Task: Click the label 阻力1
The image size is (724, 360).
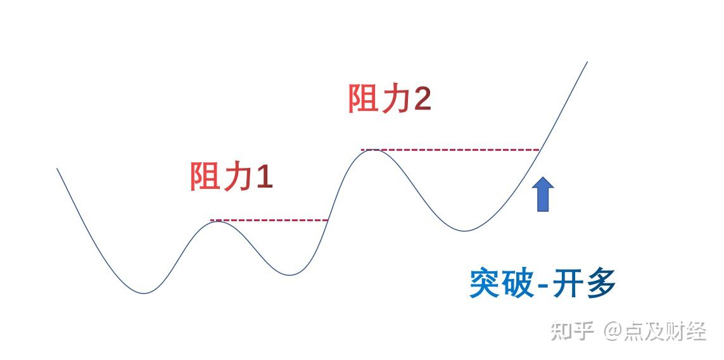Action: point(231,176)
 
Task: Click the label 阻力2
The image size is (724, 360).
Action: point(390,99)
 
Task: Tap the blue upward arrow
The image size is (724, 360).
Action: point(543,193)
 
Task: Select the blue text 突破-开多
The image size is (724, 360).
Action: point(542,283)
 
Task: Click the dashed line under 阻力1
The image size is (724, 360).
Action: point(269,221)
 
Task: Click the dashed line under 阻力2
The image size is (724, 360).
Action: point(450,150)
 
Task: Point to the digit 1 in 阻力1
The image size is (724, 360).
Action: point(265,177)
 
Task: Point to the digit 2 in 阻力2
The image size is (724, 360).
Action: point(423,100)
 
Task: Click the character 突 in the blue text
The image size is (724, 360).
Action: point(485,283)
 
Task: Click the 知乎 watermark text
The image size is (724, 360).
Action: point(572,331)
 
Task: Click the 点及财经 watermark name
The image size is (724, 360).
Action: point(664,331)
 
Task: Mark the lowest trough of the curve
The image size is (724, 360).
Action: point(144,293)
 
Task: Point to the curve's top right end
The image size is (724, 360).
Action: point(587,62)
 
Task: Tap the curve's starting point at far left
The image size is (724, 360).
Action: point(58,169)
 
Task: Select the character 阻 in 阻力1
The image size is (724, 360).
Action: point(205,177)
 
